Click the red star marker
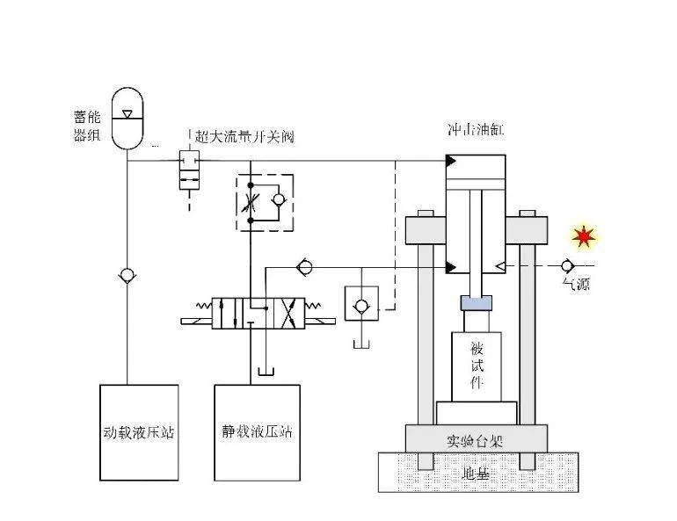tap(582, 236)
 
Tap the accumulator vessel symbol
tap(128, 115)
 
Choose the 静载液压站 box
tap(257, 432)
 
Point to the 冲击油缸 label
tap(476, 132)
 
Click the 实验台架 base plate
tap(476, 438)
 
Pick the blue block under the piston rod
tap(476, 304)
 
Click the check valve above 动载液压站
tap(128, 275)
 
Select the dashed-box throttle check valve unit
tap(264, 203)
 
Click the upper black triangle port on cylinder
tap(451, 161)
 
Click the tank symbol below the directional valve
tap(265, 373)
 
